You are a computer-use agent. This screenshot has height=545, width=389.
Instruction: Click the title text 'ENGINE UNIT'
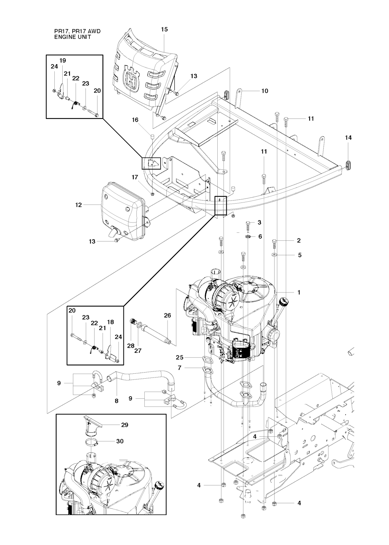coord(73,37)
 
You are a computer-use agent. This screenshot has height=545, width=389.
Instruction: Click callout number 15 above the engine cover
coord(164,29)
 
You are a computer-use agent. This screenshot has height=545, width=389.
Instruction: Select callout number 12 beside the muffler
coord(79,205)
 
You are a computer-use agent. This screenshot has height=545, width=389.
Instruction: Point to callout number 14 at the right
coord(348,138)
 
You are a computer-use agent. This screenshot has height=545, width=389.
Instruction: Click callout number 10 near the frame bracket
coord(265,91)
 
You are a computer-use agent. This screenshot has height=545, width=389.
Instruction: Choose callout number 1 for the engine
coord(299,292)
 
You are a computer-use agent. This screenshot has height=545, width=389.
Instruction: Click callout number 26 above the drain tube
coord(167,315)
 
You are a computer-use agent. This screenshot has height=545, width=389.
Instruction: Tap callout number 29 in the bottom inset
coord(125,425)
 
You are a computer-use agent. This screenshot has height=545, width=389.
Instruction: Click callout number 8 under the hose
coord(116,401)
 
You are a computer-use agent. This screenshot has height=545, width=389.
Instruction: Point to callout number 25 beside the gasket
coord(180,357)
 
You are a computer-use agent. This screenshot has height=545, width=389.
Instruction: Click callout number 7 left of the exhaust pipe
coord(180,368)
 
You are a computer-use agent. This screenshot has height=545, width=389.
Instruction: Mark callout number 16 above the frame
coord(135,120)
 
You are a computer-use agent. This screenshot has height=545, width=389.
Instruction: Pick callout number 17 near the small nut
coord(135,177)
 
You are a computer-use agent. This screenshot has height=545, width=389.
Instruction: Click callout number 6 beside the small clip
coord(260,237)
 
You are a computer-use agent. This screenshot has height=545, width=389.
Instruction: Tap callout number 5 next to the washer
coord(300,255)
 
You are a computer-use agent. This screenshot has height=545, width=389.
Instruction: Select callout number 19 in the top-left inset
coord(63,60)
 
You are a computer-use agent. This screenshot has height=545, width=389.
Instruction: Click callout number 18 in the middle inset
coord(110,322)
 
